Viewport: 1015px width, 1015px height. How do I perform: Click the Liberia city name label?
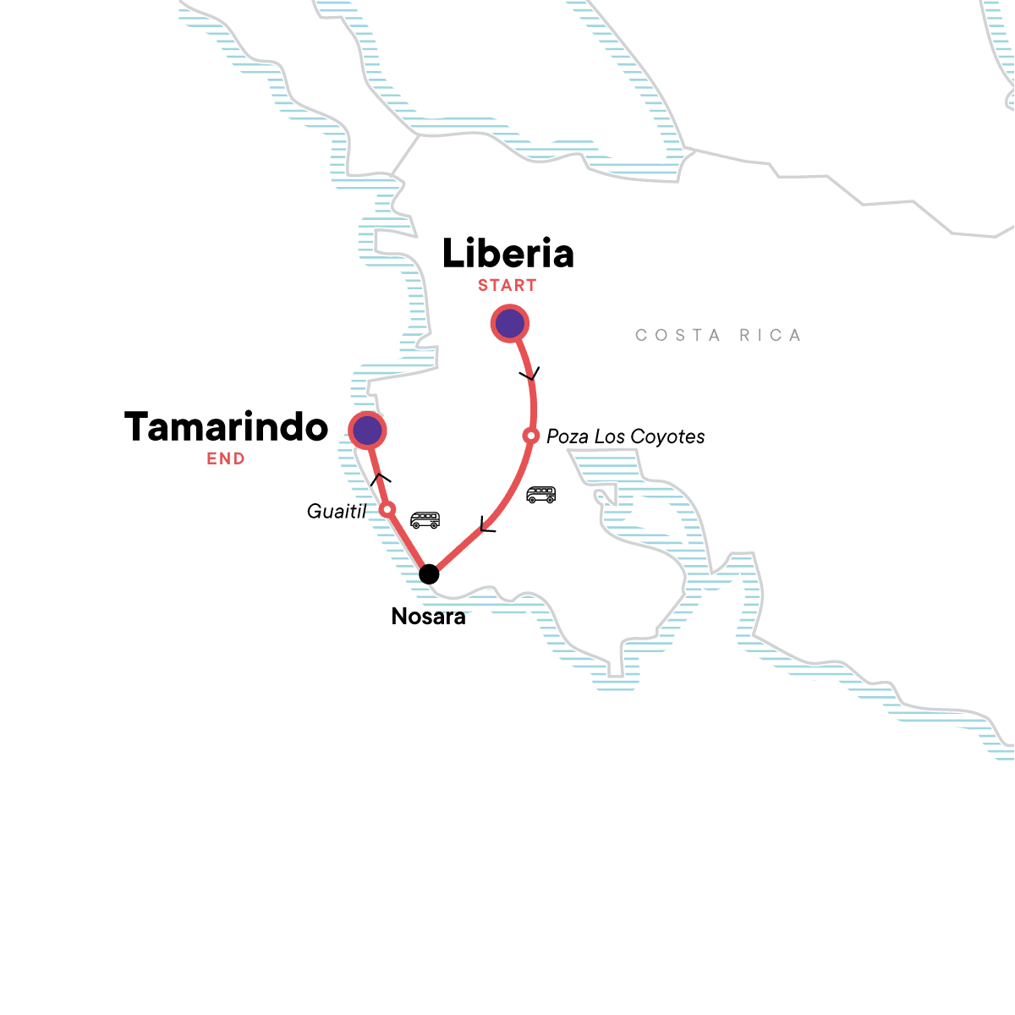507,254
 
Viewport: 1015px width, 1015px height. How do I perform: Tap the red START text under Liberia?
507,286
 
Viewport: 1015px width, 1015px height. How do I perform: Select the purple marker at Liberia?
510,324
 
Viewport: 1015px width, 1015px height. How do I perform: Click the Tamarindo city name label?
226,427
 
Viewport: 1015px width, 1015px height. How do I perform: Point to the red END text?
226,459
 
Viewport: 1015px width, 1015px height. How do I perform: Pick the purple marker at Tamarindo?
367,431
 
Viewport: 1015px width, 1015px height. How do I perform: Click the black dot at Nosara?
429,574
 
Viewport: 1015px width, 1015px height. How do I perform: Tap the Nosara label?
428,617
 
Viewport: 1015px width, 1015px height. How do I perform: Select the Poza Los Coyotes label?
625,437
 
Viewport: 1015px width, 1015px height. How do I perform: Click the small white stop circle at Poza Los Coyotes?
530,436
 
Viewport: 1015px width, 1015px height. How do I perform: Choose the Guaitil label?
337,511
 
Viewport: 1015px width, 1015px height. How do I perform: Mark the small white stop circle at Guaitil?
387,509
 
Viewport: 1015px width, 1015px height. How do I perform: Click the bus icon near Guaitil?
425,519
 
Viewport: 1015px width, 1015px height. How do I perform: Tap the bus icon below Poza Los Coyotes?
540,495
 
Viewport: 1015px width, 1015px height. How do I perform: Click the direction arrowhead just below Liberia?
529,374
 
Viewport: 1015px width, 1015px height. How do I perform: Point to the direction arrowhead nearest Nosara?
486,526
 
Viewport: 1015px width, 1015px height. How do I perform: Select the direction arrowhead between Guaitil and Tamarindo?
380,478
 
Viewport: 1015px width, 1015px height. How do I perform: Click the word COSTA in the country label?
678,336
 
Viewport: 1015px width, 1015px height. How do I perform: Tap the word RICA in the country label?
770,336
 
